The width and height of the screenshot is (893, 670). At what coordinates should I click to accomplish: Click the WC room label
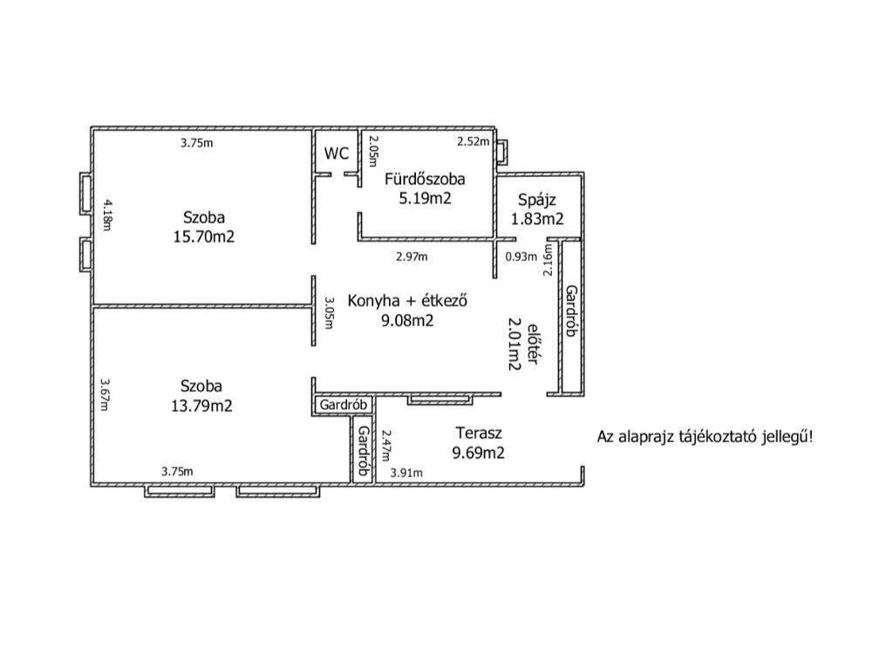337,154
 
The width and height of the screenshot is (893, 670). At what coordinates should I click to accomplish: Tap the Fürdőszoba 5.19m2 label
425,188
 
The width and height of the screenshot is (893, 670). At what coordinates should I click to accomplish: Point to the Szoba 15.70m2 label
204,226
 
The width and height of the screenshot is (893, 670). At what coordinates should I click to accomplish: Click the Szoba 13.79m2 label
201,395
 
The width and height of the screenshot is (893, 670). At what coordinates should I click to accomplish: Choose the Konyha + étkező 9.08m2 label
409,311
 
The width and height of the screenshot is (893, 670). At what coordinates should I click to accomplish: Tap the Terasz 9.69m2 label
479,442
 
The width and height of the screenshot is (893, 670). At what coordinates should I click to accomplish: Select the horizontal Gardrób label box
344,406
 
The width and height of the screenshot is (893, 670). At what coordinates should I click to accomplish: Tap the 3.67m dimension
105,393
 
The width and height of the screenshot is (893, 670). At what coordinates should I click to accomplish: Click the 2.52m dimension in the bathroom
474,141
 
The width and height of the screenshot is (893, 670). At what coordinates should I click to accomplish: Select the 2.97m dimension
412,256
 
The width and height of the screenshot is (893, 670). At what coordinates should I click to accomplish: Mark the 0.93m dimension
521,256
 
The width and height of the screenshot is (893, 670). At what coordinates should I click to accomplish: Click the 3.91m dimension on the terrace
406,472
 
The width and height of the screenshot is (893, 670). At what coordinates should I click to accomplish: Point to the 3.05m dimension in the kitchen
329,313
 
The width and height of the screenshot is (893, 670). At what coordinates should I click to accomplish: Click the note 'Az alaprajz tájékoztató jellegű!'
705,436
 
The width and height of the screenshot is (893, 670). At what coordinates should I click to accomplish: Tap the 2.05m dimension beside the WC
373,150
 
